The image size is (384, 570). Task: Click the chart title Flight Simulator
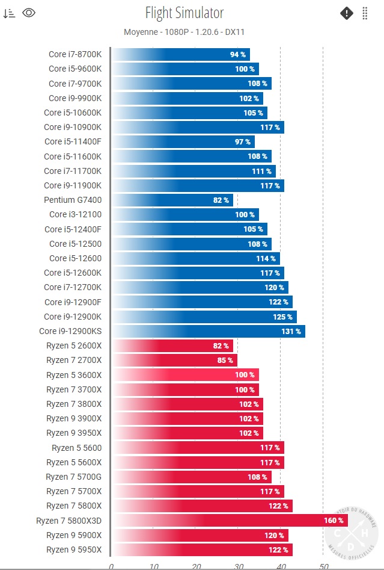pyautogui.click(x=184, y=13)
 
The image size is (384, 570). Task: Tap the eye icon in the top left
pyautogui.click(x=29, y=13)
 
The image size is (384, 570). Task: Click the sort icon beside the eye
pyautogui.click(x=9, y=13)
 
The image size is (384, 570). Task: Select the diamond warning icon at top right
pyautogui.click(x=347, y=13)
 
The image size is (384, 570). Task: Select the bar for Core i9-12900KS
pyautogui.click(x=208, y=331)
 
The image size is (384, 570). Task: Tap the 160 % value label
pyautogui.click(x=334, y=521)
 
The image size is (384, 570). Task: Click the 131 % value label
pyautogui.click(x=291, y=331)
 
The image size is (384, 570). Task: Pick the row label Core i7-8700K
pyautogui.click(x=75, y=54)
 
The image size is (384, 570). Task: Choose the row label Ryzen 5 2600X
pyautogui.click(x=74, y=345)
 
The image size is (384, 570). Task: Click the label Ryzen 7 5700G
pyautogui.click(x=74, y=477)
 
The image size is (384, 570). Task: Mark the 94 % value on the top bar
pyautogui.click(x=237, y=55)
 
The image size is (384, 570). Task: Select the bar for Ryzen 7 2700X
pyautogui.click(x=174, y=360)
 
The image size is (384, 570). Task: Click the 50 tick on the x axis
pyautogui.click(x=323, y=566)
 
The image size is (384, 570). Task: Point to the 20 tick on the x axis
pyautogui.click(x=196, y=566)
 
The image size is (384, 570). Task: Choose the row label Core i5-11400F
pyautogui.click(x=73, y=141)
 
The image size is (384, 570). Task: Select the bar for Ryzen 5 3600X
pyautogui.click(x=185, y=374)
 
